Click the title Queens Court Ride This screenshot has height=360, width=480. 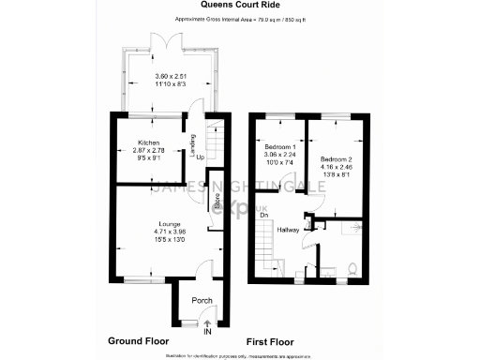[239, 7]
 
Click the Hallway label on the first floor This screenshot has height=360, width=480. [288, 230]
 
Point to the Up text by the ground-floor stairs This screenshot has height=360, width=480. [201, 157]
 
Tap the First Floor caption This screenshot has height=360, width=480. [271, 341]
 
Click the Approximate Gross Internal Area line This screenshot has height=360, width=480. [239, 19]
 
